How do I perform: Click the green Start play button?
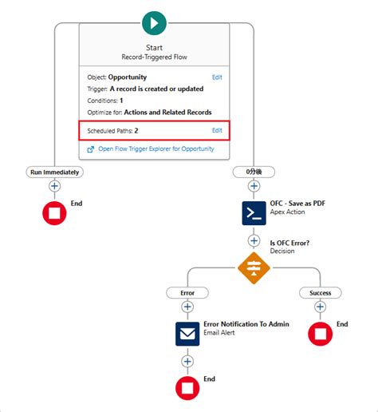154,22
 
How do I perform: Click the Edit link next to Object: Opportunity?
217,77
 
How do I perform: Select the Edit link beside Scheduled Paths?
217,130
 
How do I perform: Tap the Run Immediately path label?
54,172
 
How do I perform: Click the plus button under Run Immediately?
54,186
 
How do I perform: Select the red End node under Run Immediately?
54,212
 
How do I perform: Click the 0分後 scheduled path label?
254,172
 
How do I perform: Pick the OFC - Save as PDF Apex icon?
254,212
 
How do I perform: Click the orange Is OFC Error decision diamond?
254,267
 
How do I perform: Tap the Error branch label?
187,293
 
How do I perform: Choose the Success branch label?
320,293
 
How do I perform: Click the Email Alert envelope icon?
187,334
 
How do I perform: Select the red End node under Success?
320,334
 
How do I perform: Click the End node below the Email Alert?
187,388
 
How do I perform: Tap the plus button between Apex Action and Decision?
254,240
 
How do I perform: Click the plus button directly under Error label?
187,307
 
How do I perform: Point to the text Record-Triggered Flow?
154,57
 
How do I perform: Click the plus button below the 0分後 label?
254,186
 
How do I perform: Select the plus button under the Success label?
320,307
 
